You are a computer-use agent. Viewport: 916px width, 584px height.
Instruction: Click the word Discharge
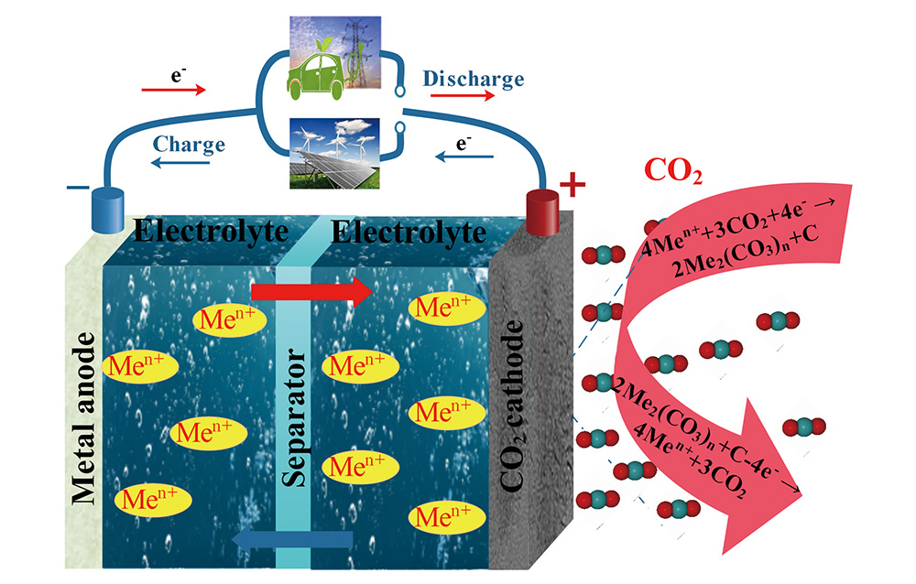click(x=473, y=79)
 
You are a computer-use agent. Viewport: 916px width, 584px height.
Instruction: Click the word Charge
click(x=190, y=144)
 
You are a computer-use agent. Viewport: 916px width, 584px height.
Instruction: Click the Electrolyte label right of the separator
click(x=409, y=232)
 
